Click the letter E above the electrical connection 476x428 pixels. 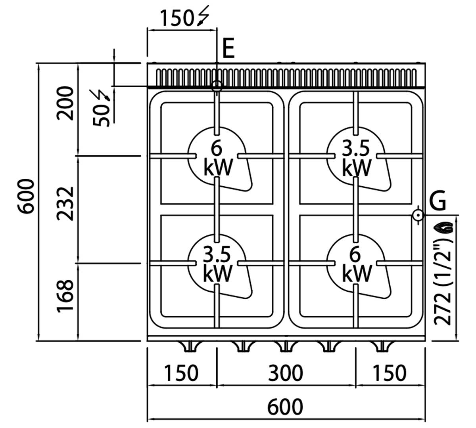point(228,49)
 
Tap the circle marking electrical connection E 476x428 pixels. point(217,86)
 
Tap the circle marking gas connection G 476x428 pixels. point(418,215)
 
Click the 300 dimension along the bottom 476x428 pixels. point(286,373)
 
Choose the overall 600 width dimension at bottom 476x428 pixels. point(285,407)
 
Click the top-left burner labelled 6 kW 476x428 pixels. point(217,159)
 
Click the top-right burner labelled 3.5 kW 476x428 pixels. point(356,159)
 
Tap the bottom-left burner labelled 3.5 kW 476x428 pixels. point(217,264)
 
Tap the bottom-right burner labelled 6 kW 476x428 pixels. point(356,264)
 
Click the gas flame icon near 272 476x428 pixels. point(443,227)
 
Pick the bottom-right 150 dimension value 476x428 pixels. point(389,373)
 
